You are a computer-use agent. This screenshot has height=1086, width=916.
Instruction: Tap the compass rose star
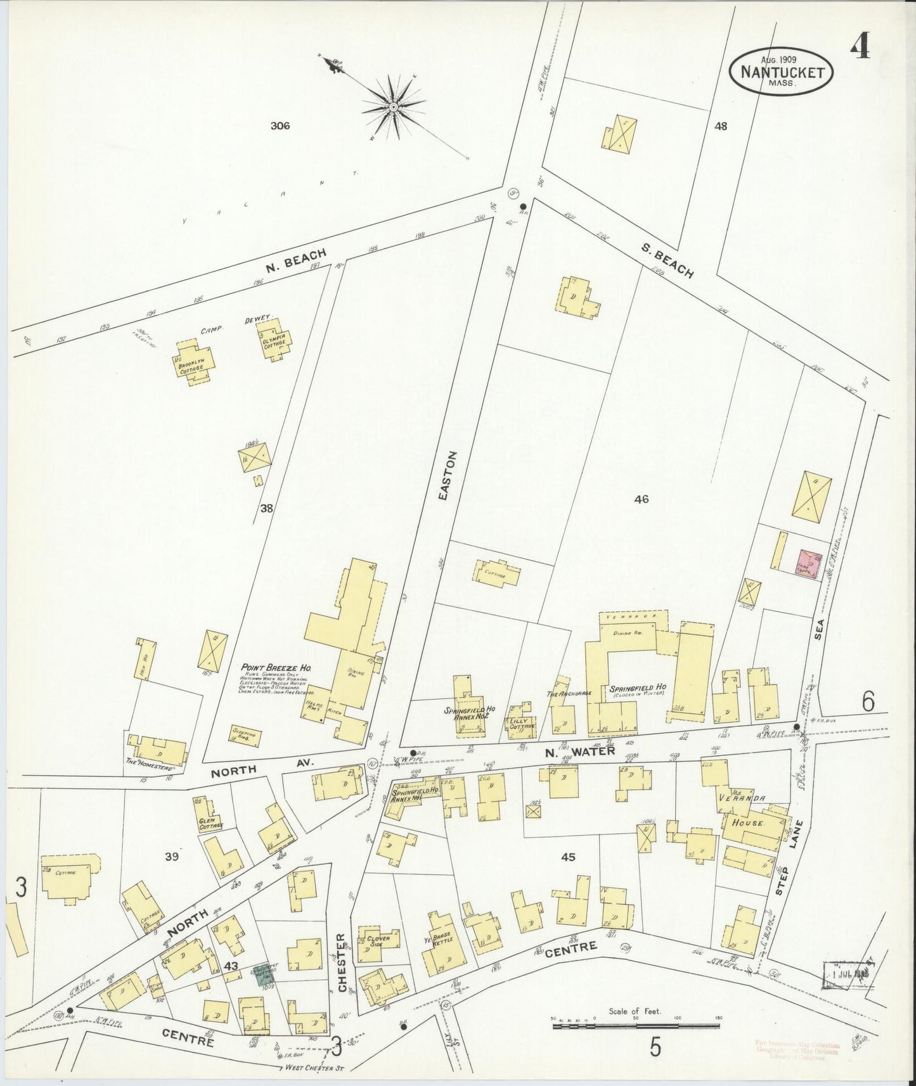[x=394, y=107]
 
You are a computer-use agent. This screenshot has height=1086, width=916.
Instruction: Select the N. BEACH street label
[x=296, y=260]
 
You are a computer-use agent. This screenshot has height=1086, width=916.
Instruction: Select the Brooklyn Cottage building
[x=195, y=362]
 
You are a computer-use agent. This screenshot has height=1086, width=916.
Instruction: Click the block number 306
[x=280, y=125]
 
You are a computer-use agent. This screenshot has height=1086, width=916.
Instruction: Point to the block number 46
[x=641, y=499]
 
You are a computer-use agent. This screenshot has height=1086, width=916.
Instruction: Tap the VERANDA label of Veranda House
[x=742, y=799]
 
